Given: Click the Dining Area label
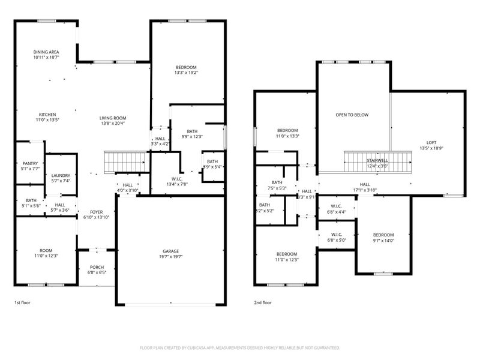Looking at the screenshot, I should point(46,52).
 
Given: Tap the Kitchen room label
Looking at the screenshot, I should point(47,114).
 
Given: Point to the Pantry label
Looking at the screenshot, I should point(30,163).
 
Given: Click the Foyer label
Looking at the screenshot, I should point(96,212).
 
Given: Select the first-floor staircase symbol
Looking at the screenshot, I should point(126,161).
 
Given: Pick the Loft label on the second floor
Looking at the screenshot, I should point(423,142).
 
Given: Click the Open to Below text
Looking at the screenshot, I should point(352,115).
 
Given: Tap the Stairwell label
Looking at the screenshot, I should point(377,161).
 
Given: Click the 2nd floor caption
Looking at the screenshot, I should point(262,303).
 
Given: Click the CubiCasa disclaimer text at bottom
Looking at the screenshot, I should point(240,347).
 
